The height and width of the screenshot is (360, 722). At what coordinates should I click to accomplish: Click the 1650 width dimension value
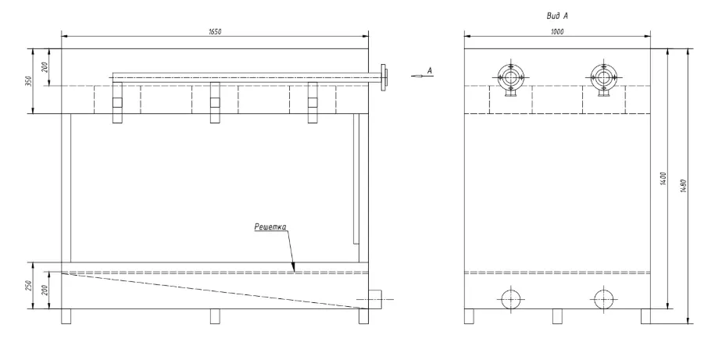click(x=215, y=31)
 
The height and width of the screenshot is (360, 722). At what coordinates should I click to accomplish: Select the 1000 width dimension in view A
click(x=557, y=31)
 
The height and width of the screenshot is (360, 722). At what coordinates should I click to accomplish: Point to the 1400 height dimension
click(x=663, y=179)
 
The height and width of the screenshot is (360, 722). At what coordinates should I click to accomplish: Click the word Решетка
click(x=270, y=226)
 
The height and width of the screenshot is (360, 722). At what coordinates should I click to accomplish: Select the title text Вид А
click(x=557, y=16)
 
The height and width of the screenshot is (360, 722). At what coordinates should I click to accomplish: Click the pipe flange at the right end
click(x=383, y=77)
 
